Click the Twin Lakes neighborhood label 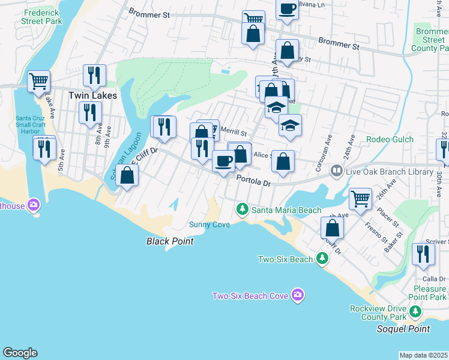92,95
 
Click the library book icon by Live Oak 337,172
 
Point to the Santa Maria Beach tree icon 242,209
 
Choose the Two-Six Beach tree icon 322,258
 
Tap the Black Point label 170,241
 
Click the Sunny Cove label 209,224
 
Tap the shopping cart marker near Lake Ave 39,80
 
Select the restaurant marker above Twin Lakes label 94,74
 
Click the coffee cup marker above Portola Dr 224,160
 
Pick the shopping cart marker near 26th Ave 360,197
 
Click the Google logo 20,353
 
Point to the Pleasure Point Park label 429,293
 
